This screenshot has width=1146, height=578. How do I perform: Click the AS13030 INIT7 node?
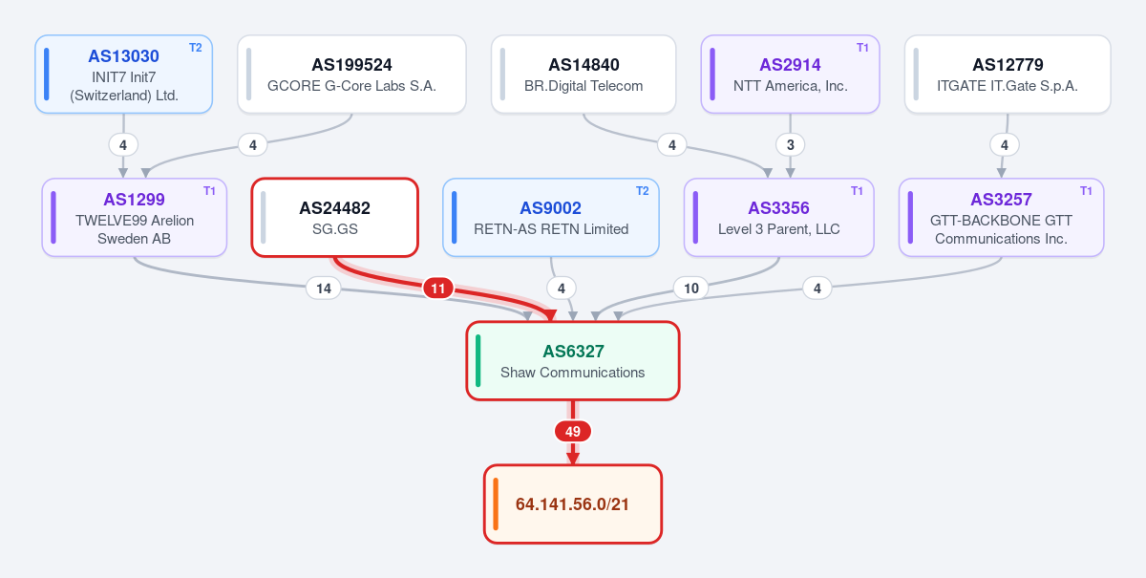click(x=124, y=75)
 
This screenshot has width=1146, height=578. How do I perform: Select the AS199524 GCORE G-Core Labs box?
click(x=352, y=75)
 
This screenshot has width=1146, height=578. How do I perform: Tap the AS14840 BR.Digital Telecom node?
click(x=584, y=75)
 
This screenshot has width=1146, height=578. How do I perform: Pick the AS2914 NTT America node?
click(x=791, y=75)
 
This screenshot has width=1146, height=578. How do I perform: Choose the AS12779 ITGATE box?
click(x=1008, y=75)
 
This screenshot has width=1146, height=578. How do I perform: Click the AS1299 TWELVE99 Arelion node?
click(x=135, y=218)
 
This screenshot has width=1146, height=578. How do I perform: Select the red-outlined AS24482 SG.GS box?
click(x=335, y=218)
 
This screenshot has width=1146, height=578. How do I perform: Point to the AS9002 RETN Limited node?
click(x=551, y=218)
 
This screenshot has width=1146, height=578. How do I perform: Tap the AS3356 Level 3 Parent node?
click(x=779, y=218)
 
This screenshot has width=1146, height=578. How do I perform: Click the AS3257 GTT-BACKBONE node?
click(x=1002, y=218)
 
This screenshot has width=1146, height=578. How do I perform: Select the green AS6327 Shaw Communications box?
click(x=573, y=361)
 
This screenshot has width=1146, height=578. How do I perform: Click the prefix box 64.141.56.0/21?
click(x=573, y=504)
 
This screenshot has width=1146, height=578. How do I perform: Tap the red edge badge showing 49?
click(x=573, y=432)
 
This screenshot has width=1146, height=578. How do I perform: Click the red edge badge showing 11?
click(x=438, y=289)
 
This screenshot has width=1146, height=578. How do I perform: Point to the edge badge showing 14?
click(x=324, y=289)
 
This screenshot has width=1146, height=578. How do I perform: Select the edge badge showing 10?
click(x=691, y=289)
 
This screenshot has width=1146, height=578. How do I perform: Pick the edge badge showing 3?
click(x=791, y=145)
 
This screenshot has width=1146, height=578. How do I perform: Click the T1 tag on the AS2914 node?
click(x=862, y=48)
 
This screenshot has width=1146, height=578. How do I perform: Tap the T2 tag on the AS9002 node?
click(x=642, y=191)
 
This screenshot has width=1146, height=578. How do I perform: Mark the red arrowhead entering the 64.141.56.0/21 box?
click(x=573, y=459)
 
